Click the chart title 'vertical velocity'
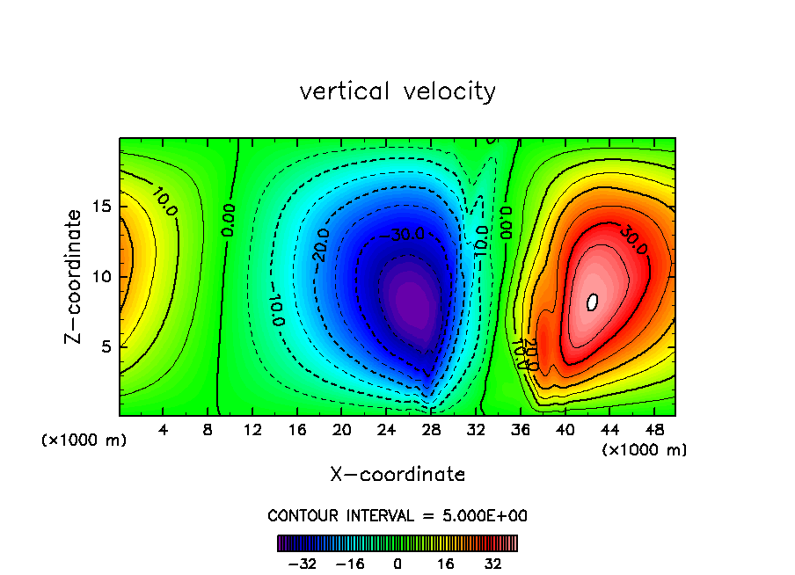click(397, 91)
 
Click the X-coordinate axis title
click(397, 475)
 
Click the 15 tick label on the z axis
click(102, 207)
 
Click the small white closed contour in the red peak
click(592, 302)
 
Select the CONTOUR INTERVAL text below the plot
click(397, 515)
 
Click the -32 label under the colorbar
click(303, 564)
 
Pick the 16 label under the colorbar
click(446, 564)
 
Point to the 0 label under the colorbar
click(398, 564)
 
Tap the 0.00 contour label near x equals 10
click(229, 220)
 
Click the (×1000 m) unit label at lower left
click(84, 440)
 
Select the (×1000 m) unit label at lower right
click(645, 450)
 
